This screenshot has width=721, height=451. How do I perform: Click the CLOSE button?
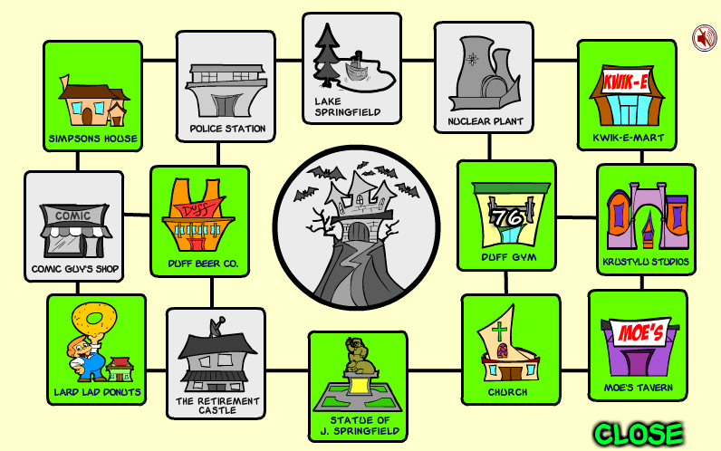pos(639,434)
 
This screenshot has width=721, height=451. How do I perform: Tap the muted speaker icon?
pos(705,38)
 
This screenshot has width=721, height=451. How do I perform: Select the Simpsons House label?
pos(93,139)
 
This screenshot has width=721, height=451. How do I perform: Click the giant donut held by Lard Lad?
pos(95,320)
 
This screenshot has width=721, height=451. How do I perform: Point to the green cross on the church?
pos(499,331)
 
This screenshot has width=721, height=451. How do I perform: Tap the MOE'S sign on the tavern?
pos(640,331)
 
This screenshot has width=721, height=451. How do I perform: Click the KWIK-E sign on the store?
pos(626,82)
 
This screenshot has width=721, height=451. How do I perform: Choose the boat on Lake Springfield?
pos(356,68)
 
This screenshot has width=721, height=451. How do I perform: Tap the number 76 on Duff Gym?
pos(507,217)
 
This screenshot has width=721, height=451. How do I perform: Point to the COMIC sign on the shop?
pos(73,216)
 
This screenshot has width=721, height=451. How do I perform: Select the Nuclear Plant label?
pos(485,121)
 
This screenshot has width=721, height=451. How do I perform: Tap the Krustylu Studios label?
pos(646,262)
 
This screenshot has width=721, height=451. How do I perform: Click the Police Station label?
pos(227,129)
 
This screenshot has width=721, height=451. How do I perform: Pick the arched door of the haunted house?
pos(358,231)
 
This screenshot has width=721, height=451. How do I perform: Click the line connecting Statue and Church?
pos(435,370)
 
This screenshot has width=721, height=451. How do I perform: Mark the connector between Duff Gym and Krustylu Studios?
pos(577,217)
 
